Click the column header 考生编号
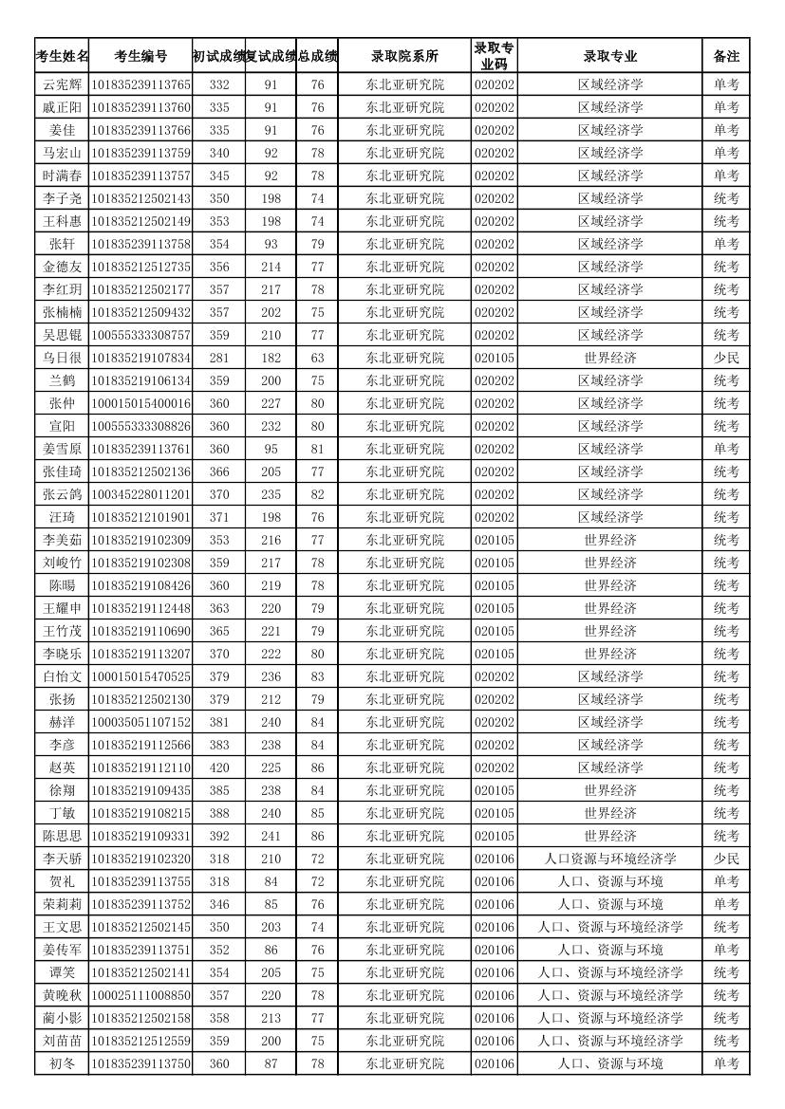tap(140, 56)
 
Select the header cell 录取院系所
tap(404, 56)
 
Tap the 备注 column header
tap(726, 56)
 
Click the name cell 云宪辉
tap(63, 84)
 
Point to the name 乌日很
tap(63, 358)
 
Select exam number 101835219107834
tap(140, 358)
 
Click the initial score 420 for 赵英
tap(219, 767)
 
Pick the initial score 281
tap(219, 358)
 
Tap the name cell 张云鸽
tap(63, 494)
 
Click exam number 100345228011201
tap(140, 494)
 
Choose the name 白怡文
tap(63, 676)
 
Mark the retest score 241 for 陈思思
tap(271, 836)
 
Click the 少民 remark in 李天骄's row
tap(726, 859)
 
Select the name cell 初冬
tap(63, 1063)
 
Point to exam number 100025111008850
tap(140, 995)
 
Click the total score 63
tap(317, 358)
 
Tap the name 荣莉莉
tap(63, 904)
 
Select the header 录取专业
tap(610, 56)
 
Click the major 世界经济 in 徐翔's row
tap(610, 790)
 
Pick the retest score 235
tap(271, 494)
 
